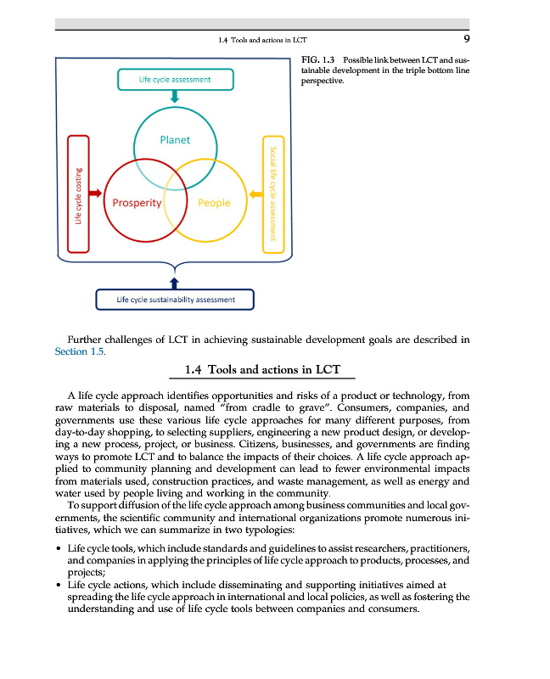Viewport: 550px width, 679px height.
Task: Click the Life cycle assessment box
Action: click(x=175, y=80)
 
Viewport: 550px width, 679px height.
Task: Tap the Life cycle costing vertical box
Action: click(x=78, y=194)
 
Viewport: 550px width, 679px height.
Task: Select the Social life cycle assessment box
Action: click(x=273, y=194)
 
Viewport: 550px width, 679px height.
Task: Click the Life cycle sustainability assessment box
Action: click(x=175, y=300)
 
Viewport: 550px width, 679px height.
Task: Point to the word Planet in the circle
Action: click(x=175, y=140)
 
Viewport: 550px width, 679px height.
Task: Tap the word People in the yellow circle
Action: click(x=214, y=203)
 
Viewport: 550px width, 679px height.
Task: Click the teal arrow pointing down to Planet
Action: click(x=175, y=98)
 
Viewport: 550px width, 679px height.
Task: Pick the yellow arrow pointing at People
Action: click(x=255, y=194)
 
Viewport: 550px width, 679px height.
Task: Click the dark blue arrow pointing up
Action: click(x=175, y=280)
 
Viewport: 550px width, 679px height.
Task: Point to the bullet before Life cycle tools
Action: click(x=57, y=550)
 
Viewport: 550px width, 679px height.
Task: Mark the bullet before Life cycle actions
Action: click(x=57, y=586)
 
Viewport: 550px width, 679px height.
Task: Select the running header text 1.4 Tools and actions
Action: click(x=262, y=40)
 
